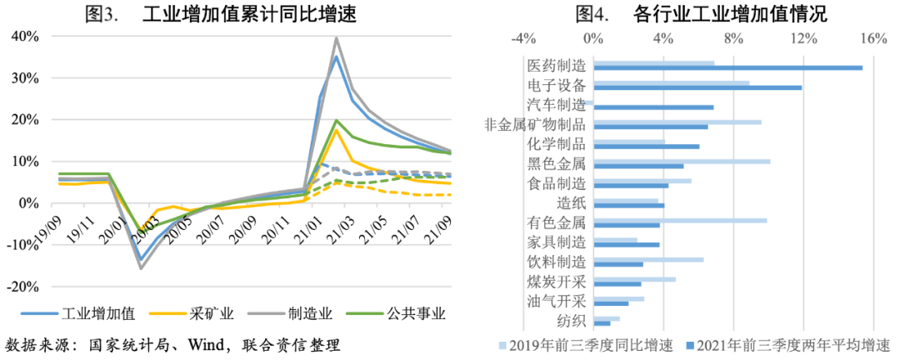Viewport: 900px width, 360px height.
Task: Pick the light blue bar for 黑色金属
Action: point(681,162)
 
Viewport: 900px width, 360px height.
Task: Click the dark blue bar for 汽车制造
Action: point(652,107)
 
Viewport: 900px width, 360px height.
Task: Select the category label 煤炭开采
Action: point(557,282)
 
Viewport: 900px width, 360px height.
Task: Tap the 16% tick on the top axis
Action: point(872,38)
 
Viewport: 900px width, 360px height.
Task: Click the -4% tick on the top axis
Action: point(522,38)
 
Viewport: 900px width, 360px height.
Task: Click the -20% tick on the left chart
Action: point(24,287)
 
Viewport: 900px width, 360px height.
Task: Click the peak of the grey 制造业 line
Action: point(336,37)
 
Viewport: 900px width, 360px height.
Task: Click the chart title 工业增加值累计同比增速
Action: point(250,14)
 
